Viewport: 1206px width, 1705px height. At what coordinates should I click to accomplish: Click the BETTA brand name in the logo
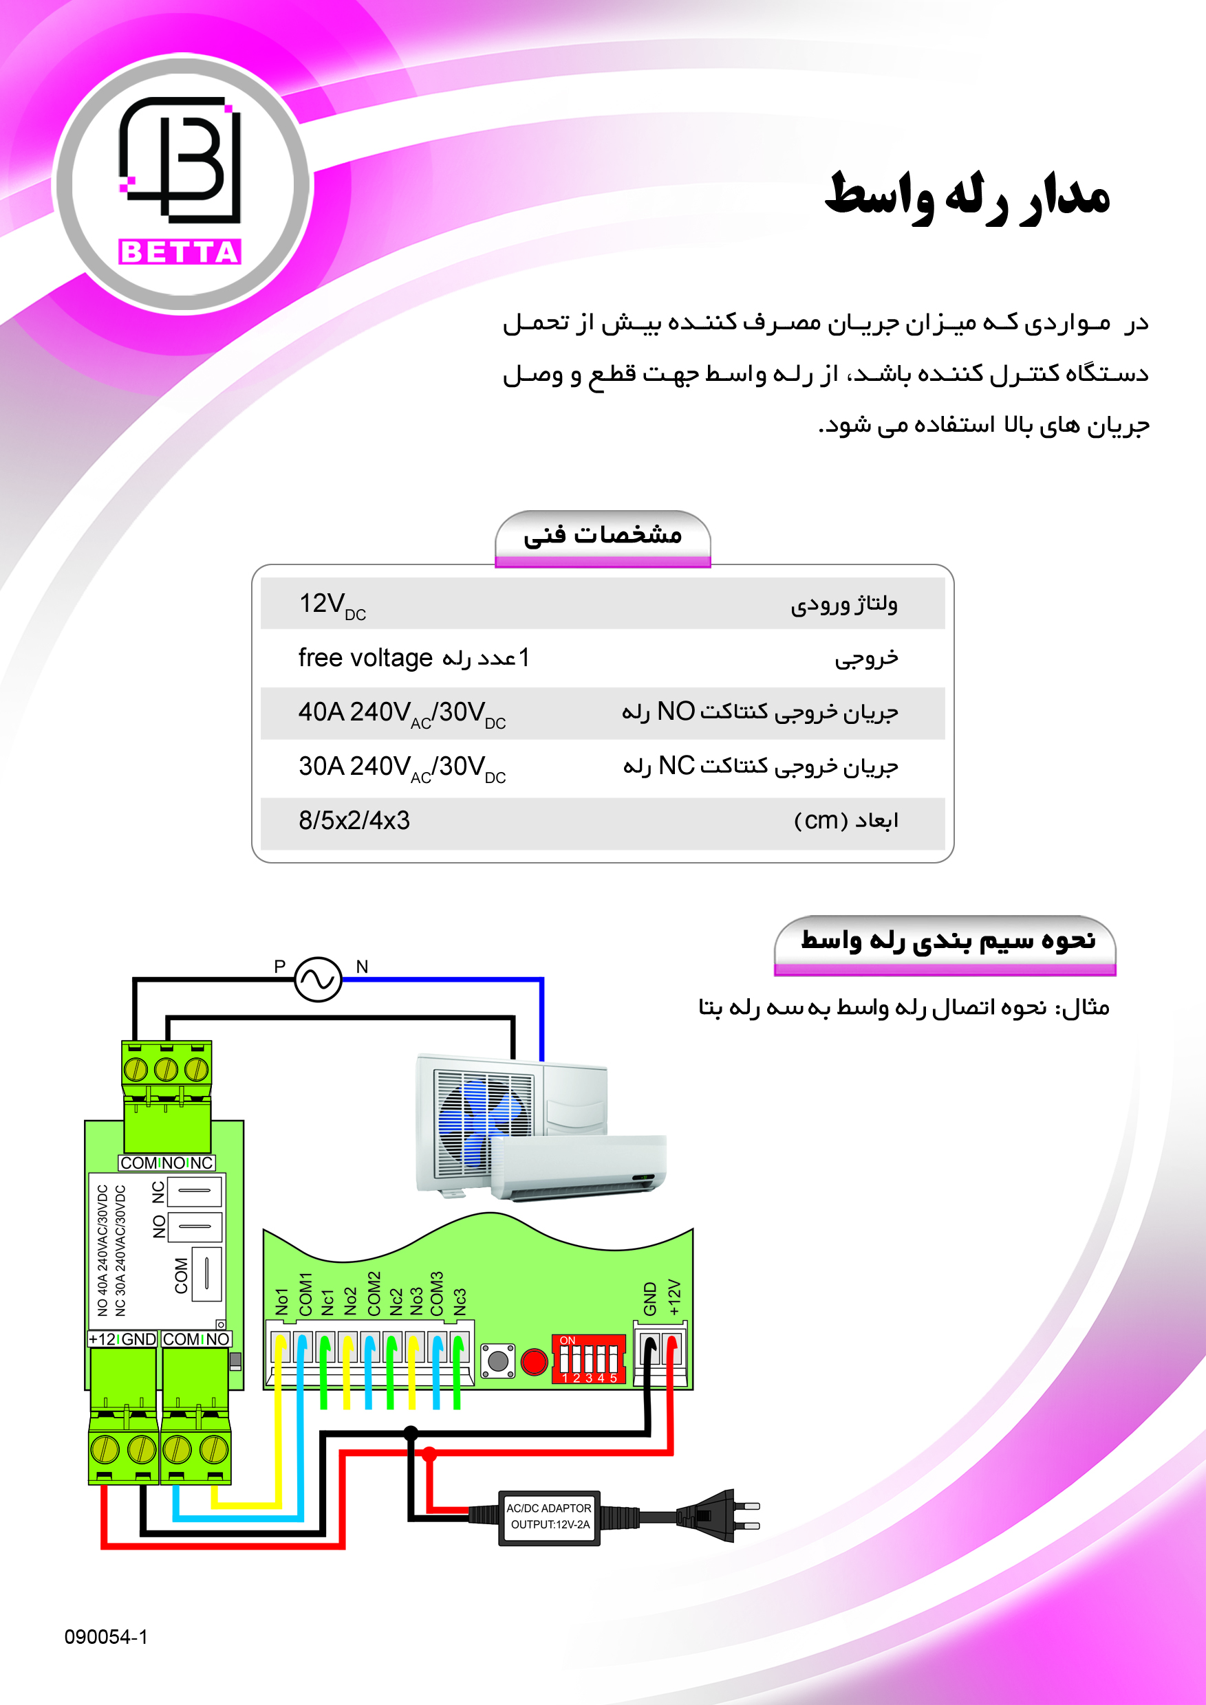tap(180, 252)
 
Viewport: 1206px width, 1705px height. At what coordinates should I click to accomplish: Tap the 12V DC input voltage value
tap(332, 604)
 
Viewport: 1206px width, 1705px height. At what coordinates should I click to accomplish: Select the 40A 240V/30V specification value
tap(401, 713)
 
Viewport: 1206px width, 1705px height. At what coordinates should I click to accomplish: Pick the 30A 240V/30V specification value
tap(401, 767)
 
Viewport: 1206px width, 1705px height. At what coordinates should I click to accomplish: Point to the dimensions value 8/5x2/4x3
tap(354, 821)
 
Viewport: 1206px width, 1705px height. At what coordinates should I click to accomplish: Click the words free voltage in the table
tap(365, 658)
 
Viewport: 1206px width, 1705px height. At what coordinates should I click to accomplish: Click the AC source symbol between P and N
tap(318, 980)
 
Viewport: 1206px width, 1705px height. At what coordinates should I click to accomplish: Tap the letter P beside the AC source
tap(279, 966)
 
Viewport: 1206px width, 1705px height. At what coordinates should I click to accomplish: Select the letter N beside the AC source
tap(362, 966)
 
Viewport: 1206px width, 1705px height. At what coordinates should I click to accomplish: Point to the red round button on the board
tap(534, 1362)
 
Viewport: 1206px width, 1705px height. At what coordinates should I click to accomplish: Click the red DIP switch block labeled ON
tap(588, 1359)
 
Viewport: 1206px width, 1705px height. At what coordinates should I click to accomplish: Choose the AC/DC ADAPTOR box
tap(548, 1517)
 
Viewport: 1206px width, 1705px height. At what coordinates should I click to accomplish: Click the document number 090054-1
tap(105, 1637)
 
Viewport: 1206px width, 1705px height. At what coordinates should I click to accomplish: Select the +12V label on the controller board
tap(674, 1297)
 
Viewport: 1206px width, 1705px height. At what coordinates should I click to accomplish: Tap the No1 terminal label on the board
tap(281, 1301)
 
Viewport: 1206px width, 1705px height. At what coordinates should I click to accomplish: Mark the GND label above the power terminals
tap(650, 1299)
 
